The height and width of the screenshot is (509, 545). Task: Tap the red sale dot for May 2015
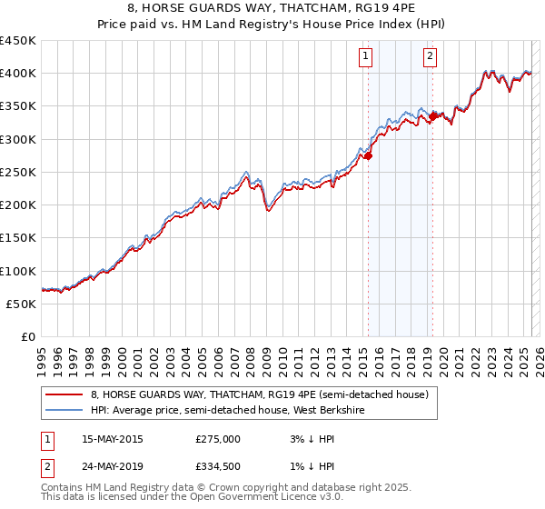coord(368,156)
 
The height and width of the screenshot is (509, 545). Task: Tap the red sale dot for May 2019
coord(432,116)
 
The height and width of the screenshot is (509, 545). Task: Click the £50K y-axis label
coord(22,304)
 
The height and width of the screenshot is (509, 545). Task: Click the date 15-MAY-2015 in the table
coord(112,439)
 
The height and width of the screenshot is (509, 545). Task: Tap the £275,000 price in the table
coord(218,439)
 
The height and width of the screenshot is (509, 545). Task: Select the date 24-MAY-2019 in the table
coord(112,467)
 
